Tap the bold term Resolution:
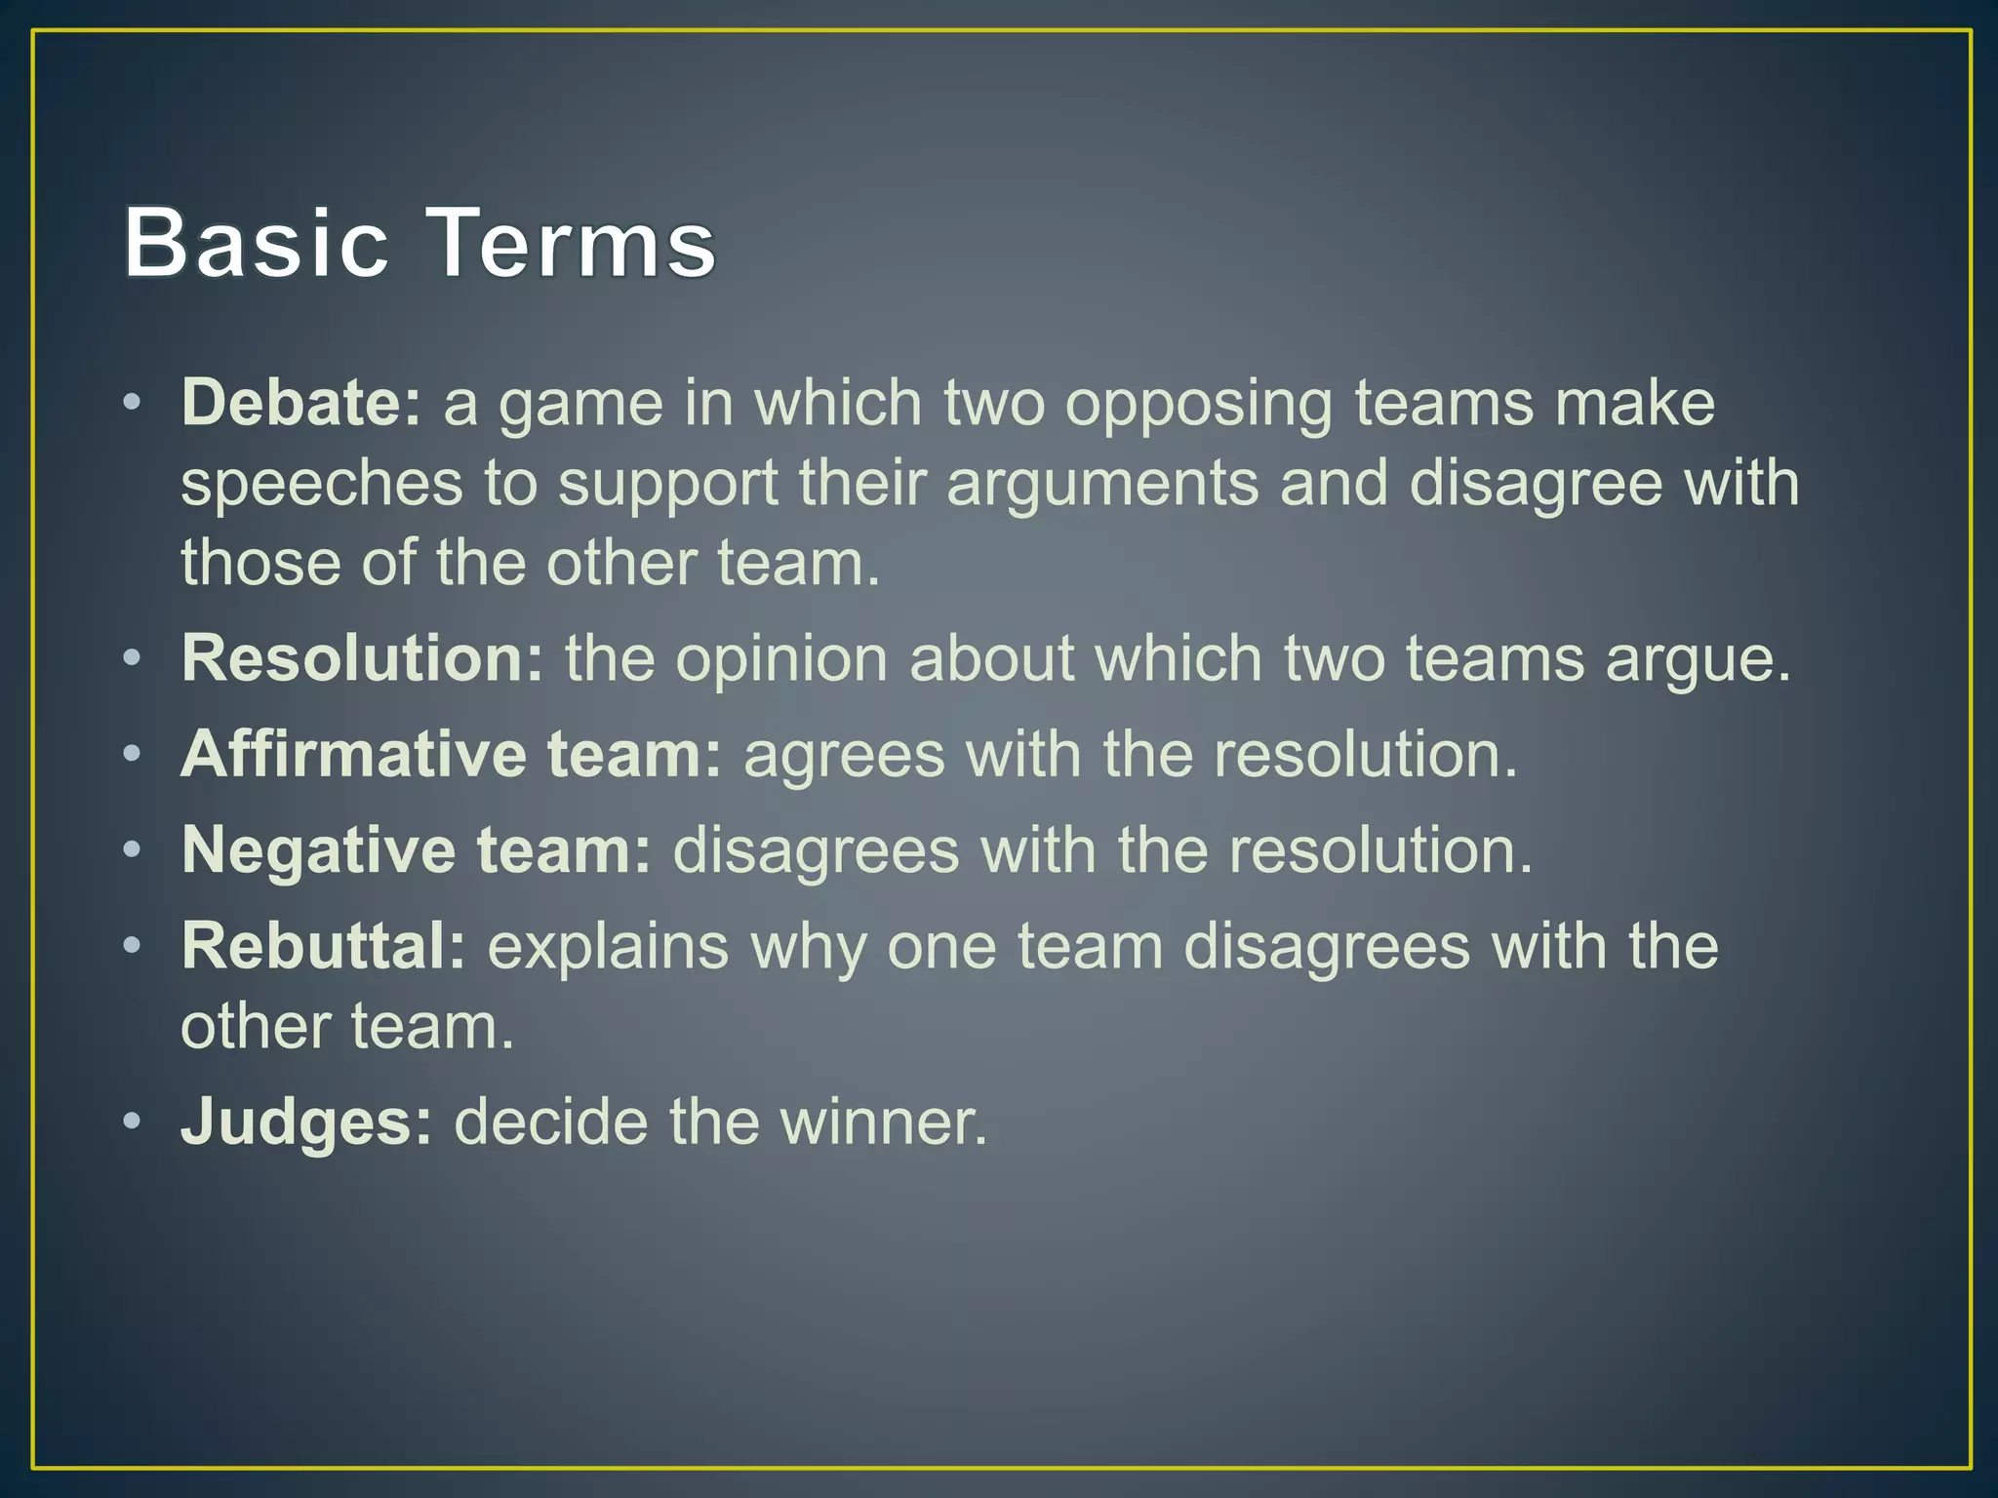coord(362,658)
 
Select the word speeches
coord(322,485)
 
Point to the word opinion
coord(781,660)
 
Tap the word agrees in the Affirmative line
coord(844,756)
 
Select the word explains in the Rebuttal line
coord(608,947)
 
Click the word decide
coord(551,1122)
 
